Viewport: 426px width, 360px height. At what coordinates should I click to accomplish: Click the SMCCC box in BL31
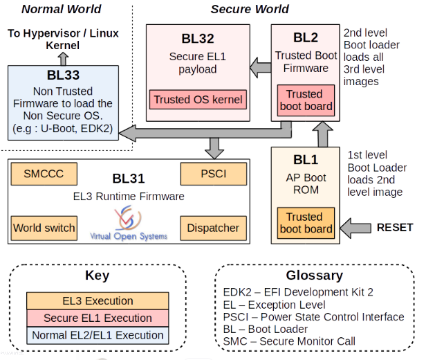(44, 173)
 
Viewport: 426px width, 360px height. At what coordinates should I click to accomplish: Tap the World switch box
(44, 227)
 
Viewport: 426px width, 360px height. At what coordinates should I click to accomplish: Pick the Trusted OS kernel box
(198, 100)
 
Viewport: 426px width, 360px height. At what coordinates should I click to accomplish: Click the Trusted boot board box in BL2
(305, 100)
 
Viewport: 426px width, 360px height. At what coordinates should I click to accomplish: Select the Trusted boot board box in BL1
(305, 223)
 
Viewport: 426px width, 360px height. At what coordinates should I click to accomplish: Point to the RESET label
(394, 227)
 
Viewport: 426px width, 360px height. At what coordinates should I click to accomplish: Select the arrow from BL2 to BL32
(259, 68)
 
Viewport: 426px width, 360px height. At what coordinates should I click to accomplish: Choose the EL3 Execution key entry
(98, 301)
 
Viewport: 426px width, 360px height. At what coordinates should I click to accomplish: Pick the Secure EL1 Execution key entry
(98, 318)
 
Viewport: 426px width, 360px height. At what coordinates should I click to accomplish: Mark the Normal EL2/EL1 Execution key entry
(98, 336)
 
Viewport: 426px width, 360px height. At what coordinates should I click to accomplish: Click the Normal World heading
(61, 9)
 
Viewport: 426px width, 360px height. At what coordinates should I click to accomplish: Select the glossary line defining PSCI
(314, 316)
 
